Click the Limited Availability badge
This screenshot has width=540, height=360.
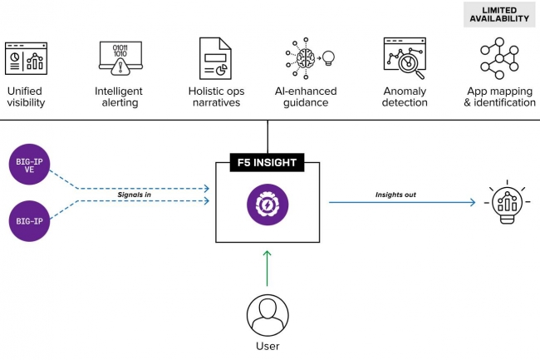coord(499,13)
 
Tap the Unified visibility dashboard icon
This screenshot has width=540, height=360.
coord(26,59)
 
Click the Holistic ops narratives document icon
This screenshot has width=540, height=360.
coord(214,59)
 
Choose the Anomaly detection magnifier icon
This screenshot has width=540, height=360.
coord(405,58)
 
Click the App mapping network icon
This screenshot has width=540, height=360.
coord(499,59)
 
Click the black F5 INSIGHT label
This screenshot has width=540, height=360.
coord(268,162)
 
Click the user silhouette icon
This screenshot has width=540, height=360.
coord(268,314)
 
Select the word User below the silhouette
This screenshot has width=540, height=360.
coord(268,346)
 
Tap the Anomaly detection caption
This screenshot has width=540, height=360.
coord(405,96)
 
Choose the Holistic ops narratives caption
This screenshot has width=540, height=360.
coord(214,96)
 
